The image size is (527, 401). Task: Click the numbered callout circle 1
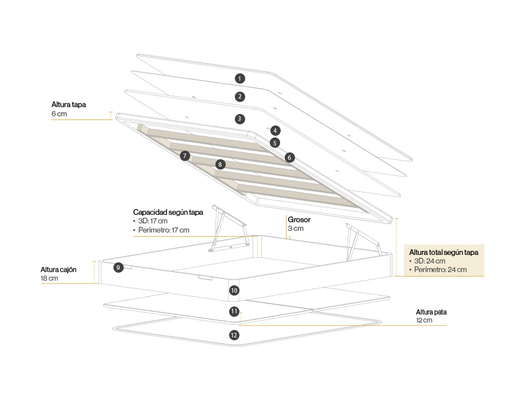[x=239, y=78]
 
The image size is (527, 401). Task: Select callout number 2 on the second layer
[x=239, y=97]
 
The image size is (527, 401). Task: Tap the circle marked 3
[x=239, y=119]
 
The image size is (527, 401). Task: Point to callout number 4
[x=276, y=131]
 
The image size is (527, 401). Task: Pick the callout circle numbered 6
[x=289, y=157]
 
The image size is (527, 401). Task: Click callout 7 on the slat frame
[x=184, y=156]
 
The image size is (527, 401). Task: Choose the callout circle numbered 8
[x=220, y=164]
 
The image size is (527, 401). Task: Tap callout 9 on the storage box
[x=118, y=268]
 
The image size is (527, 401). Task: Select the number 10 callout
[x=234, y=290]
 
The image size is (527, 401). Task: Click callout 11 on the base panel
[x=234, y=312]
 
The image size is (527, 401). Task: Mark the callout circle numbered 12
[x=234, y=335]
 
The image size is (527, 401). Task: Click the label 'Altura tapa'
[x=68, y=105]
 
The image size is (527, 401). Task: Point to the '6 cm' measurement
[x=59, y=114]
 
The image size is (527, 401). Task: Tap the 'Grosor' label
[x=298, y=219]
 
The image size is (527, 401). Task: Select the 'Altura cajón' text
[x=58, y=269]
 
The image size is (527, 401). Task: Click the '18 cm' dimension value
[x=49, y=278]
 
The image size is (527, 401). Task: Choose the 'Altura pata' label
[x=431, y=312]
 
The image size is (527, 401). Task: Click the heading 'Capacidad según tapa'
[x=168, y=211]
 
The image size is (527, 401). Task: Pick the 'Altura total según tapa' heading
[x=444, y=253]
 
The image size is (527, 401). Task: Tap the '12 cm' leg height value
[x=424, y=321]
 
